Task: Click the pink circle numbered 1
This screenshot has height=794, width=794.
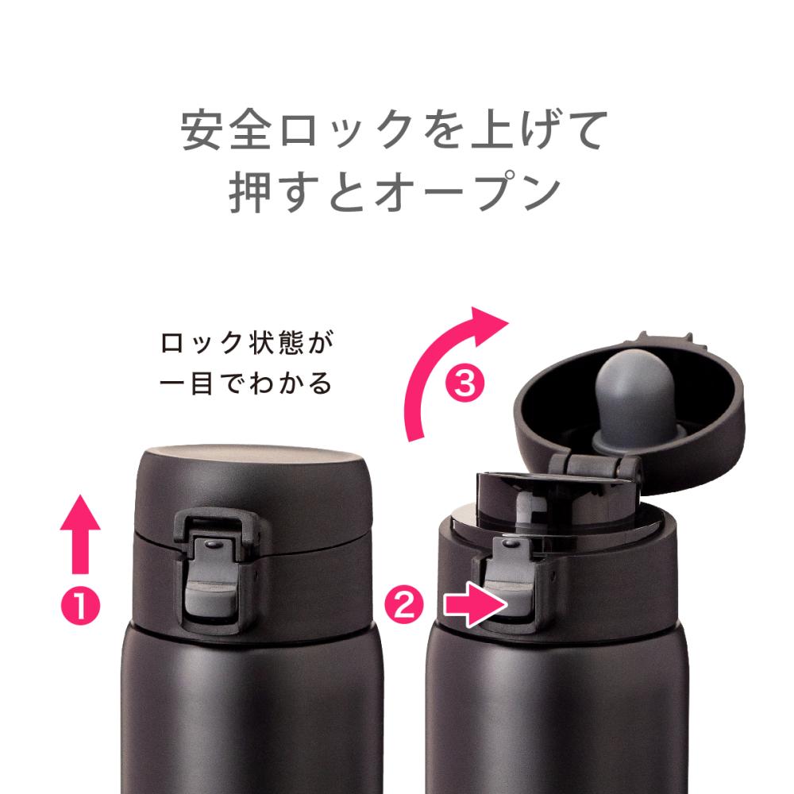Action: (80, 605)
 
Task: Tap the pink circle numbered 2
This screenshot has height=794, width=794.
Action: (404, 604)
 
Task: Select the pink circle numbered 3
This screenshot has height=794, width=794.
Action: (464, 384)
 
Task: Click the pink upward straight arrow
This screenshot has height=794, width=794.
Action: (80, 534)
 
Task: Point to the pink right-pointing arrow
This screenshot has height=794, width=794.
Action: (476, 604)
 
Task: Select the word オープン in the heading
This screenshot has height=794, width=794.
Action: (468, 193)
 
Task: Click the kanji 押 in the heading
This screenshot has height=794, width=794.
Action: (250, 193)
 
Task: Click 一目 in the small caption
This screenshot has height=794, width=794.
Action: (186, 384)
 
